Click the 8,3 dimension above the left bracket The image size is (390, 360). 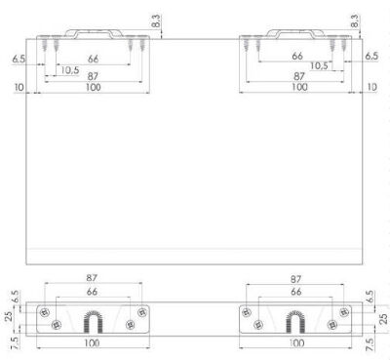point(156,20)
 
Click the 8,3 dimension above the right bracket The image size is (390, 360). point(355,20)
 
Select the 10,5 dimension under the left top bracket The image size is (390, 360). point(69,68)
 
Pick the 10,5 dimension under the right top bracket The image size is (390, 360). point(320,65)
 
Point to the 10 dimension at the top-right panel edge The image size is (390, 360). point(372,87)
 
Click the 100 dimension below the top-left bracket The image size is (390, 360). point(93,88)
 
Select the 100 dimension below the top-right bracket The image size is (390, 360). point(298,88)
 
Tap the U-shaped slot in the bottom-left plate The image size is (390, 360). point(93,320)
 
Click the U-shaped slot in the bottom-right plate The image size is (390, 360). point(297,320)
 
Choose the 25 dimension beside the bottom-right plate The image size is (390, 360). point(382,318)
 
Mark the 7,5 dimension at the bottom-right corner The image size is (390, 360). point(370,343)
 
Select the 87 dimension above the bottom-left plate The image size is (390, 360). point(93,279)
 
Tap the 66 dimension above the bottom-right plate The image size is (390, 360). point(296,292)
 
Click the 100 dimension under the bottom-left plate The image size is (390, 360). point(93,344)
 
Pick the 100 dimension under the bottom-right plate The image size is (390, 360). point(296,344)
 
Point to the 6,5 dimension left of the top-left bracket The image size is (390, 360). point(19,59)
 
